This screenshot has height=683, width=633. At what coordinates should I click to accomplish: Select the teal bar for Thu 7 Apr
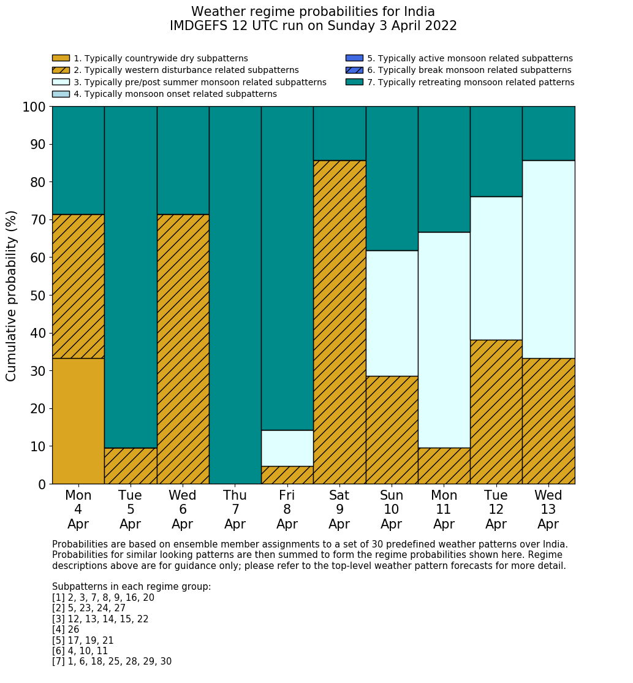pos(235,295)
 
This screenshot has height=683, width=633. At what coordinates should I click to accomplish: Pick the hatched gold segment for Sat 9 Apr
pos(339,322)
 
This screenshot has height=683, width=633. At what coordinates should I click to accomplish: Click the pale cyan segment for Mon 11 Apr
pos(444,340)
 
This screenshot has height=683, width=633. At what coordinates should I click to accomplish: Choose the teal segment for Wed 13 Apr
pos(548,133)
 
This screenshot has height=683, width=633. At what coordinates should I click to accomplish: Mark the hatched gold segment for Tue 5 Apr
pos(131,466)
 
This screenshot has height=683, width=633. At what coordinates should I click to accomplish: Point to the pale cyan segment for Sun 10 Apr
pos(392,313)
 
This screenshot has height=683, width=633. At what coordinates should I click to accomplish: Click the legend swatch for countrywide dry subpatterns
pos(61,58)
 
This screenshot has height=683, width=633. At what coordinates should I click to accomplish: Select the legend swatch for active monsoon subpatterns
pos(354,58)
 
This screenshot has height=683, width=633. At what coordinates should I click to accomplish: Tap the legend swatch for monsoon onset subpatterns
pos(61,94)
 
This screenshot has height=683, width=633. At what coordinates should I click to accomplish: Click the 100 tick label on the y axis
pos(34,107)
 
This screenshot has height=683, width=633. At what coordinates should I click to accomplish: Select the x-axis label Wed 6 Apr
pos(183,509)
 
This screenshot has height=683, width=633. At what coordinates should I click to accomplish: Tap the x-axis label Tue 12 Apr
pos(496,509)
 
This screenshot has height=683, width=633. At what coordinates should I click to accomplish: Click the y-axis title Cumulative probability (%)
pos(12,296)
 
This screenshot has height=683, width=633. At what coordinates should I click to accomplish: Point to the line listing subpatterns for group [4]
pos(66,630)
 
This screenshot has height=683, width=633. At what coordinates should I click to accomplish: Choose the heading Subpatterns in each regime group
pos(131,587)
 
